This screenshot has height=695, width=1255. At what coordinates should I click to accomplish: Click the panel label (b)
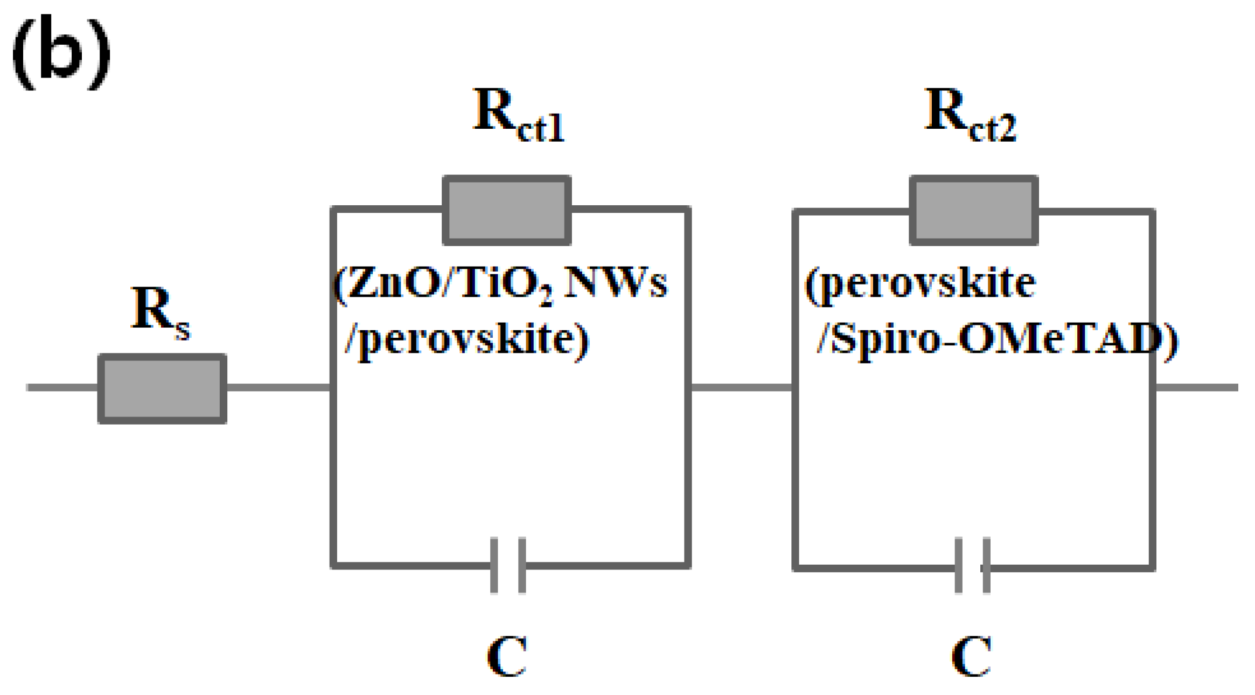pyautogui.click(x=61, y=52)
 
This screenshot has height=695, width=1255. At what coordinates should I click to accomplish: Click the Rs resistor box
pyautogui.click(x=162, y=388)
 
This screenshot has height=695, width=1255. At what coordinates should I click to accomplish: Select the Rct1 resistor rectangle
pyautogui.click(x=506, y=210)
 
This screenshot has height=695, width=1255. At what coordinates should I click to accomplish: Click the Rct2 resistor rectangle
pyautogui.click(x=974, y=210)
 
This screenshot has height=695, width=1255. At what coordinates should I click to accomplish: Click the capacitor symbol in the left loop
pyautogui.click(x=507, y=565)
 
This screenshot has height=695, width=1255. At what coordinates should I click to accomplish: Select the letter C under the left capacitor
pyautogui.click(x=506, y=656)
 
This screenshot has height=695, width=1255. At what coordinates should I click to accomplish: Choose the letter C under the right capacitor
pyautogui.click(x=971, y=656)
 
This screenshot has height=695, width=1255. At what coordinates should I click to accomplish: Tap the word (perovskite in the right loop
pyautogui.click(x=920, y=284)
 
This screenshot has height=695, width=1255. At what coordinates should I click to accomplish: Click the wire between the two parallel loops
pyautogui.click(x=741, y=387)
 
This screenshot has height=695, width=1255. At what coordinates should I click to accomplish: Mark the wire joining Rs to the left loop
pyautogui.click(x=278, y=387)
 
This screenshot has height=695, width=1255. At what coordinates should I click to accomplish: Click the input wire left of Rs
pyautogui.click(x=62, y=387)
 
